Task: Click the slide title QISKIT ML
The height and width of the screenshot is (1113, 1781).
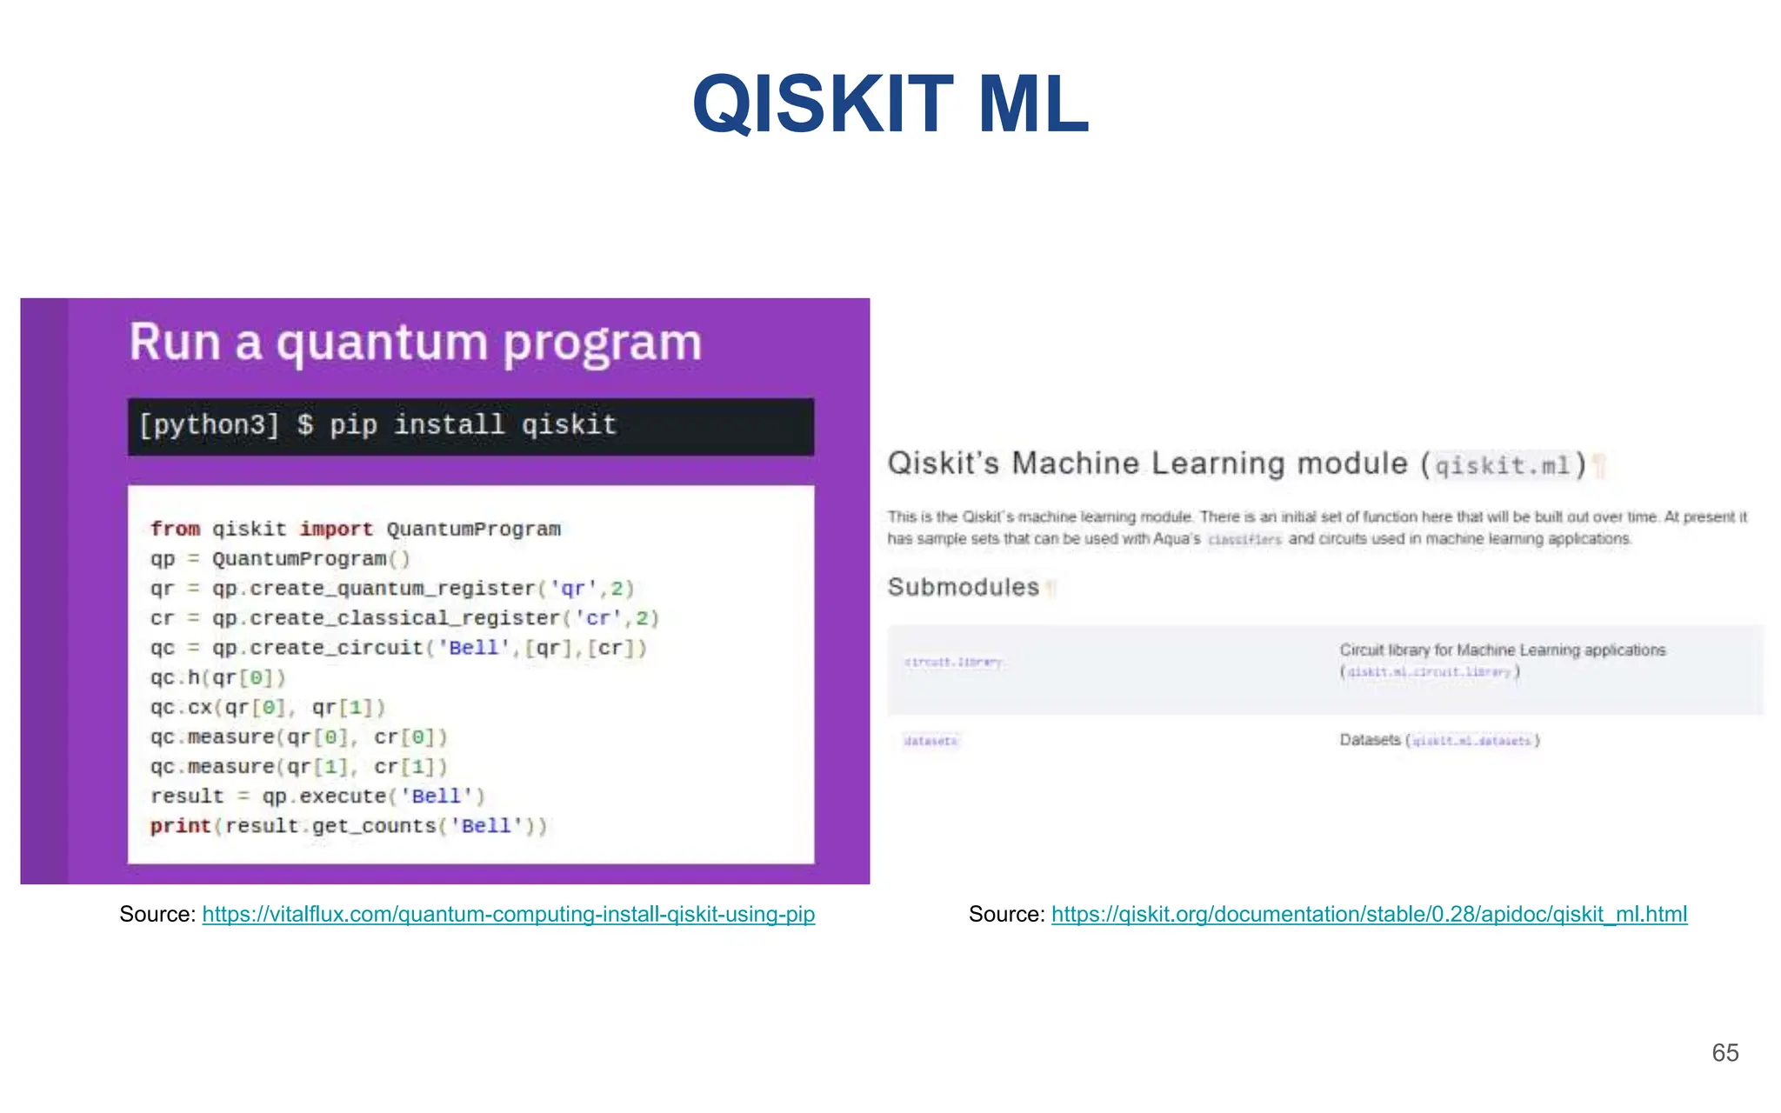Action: (x=890, y=104)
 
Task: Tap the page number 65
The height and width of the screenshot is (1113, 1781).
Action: (x=1724, y=1053)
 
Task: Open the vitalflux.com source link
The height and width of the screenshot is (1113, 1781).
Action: (x=508, y=915)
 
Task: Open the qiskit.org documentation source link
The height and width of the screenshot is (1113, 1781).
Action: (x=1369, y=915)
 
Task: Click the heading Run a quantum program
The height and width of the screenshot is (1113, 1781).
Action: (x=415, y=342)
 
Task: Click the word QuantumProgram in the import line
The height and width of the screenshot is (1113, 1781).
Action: (x=473, y=530)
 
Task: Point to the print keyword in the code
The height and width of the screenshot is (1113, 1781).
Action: (x=180, y=826)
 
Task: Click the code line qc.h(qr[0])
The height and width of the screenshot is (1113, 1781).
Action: (x=217, y=677)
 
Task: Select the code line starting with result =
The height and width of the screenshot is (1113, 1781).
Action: (x=317, y=796)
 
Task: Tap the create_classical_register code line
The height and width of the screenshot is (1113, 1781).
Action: (x=404, y=618)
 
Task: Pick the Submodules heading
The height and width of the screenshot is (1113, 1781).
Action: (x=963, y=588)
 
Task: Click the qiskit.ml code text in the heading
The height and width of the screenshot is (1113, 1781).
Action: (x=1502, y=467)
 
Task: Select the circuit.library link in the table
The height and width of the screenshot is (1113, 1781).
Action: (x=954, y=663)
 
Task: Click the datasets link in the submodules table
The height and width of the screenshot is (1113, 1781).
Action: (x=931, y=742)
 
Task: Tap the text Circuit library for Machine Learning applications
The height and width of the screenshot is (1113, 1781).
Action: (x=1502, y=650)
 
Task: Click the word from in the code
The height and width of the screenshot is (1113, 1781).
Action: (x=175, y=530)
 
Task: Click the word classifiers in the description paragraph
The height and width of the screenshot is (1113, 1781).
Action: (x=1244, y=540)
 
